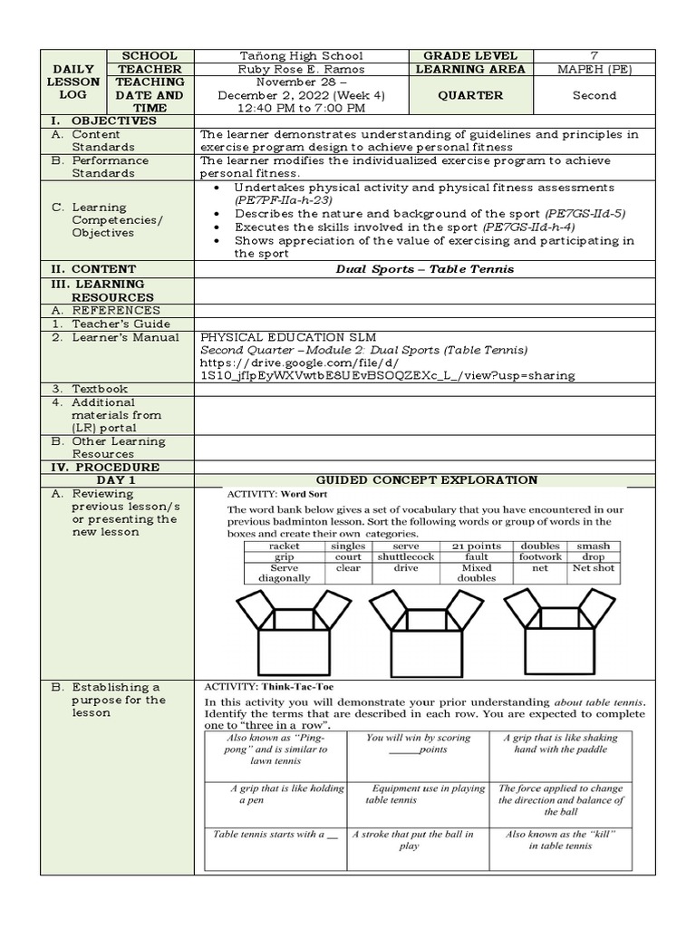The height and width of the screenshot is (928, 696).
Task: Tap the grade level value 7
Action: click(x=594, y=56)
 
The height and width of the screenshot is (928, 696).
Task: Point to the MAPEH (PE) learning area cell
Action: click(x=594, y=70)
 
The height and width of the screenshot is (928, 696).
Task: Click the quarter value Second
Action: click(x=594, y=95)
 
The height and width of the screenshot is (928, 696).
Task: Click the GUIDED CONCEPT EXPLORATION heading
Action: click(x=426, y=480)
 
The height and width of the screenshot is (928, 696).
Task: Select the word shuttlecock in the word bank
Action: click(x=406, y=557)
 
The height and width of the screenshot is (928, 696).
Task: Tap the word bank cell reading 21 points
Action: click(x=477, y=546)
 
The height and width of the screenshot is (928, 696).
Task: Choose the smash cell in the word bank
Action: click(x=594, y=546)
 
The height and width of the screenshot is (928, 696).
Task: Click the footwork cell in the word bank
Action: click(x=540, y=557)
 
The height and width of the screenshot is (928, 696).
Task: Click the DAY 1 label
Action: click(x=117, y=480)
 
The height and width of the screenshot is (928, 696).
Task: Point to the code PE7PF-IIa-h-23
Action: click(x=284, y=199)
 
